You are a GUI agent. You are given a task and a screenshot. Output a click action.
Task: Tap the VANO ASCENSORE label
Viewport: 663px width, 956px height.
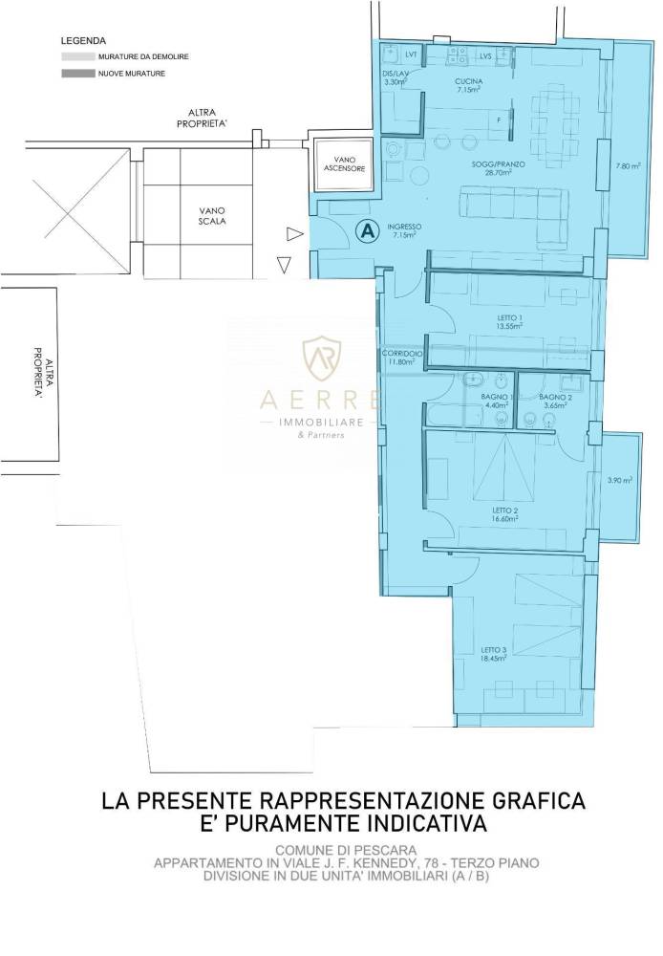337,163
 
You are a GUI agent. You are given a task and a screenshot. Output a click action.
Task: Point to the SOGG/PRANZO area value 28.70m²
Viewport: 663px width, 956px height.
497,173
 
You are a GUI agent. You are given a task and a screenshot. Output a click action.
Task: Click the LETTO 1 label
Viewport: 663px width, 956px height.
511,317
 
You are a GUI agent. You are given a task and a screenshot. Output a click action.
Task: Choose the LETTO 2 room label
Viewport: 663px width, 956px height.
504,511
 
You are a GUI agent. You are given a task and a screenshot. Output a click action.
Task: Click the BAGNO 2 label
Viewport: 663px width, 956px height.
555,397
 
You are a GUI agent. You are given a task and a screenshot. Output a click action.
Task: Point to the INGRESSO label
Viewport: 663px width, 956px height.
405,227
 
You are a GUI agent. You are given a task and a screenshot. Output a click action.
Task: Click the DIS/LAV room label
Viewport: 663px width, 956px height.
395,74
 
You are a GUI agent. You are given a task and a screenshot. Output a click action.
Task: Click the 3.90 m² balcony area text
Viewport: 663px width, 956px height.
620,480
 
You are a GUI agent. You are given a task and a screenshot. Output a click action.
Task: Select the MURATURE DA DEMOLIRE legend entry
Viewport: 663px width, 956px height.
142,57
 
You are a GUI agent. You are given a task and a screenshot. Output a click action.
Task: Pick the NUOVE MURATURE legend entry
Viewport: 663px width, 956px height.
132,73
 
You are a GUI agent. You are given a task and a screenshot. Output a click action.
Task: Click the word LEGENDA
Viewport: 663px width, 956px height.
83,42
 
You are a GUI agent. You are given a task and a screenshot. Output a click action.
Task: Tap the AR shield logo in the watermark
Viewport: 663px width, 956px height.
322,359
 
